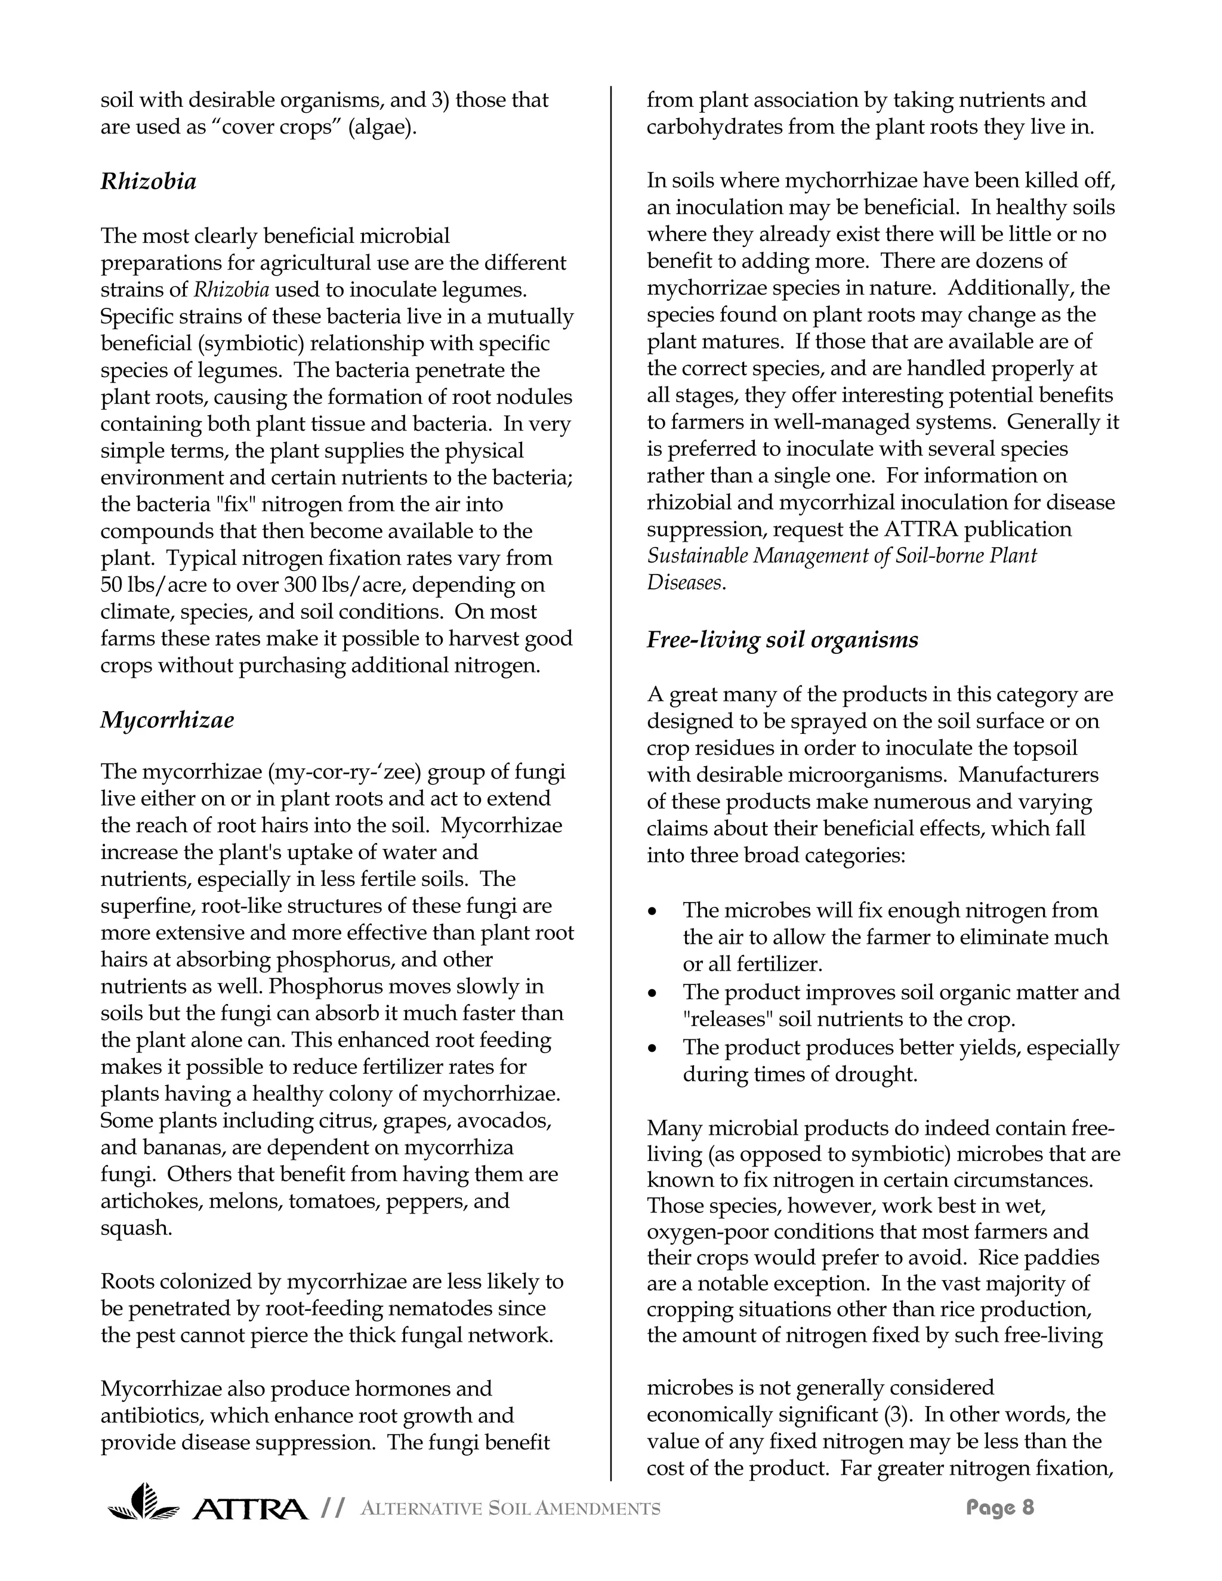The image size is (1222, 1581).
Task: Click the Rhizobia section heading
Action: [149, 181]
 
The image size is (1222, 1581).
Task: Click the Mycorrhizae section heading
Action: [167, 720]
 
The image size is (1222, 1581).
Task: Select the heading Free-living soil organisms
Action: [782, 640]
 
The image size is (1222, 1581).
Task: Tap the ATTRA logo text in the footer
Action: [250, 1509]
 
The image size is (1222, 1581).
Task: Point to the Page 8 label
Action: [1000, 1508]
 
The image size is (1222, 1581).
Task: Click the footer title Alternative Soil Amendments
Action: [510, 1509]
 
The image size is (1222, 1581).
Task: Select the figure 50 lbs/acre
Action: [143, 585]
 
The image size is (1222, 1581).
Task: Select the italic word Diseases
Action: [685, 583]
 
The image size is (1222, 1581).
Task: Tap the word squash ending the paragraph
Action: [136, 1228]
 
